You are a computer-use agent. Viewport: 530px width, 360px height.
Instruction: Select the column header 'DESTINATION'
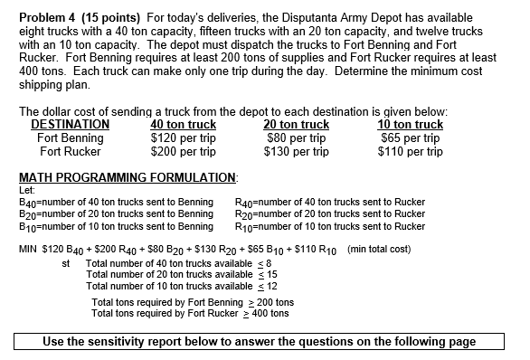coord(70,125)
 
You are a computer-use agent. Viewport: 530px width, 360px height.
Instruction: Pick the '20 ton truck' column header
coord(296,125)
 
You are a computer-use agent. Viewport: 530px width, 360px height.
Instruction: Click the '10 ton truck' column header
coord(410,125)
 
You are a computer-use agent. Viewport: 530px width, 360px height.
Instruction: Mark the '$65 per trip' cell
coord(410,138)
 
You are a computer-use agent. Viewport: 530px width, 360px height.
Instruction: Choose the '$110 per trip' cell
coord(410,152)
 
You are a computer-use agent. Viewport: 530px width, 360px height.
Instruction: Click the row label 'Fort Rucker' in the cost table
coord(70,152)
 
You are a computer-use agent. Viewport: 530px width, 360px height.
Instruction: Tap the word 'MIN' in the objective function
coord(28,249)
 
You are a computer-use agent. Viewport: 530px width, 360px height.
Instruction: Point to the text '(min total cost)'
coord(379,249)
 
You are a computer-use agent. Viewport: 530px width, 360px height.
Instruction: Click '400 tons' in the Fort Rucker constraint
coord(270,314)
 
